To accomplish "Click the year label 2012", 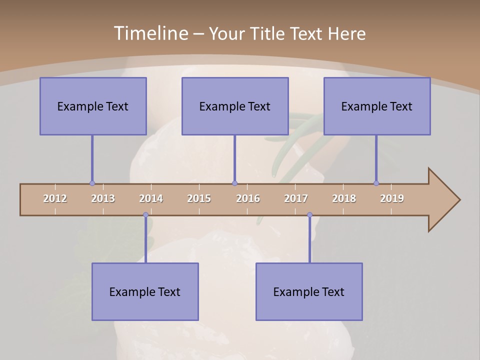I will pos(55,198).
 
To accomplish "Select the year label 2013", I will pos(103,198).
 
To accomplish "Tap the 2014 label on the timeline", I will pos(151,198).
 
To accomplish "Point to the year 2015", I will pos(199,198).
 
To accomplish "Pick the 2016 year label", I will pos(248,198).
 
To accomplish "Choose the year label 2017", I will pos(296,198).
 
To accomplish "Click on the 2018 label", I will pos(344,198).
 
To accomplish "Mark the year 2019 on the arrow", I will pos(392,198).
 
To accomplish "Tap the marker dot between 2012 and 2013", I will pos(92,183).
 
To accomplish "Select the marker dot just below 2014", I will pos(146,215).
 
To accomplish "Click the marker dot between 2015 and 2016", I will pos(235,183).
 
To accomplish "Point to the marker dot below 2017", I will pos(309,215).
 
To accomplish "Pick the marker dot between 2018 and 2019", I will pos(376,183).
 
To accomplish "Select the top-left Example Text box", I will pos(93,106).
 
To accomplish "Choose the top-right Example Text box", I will pos(377,106).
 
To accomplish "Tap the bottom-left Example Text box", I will pos(145,291).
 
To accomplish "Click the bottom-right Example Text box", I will pos(309,291).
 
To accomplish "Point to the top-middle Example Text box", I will pos(235,106).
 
